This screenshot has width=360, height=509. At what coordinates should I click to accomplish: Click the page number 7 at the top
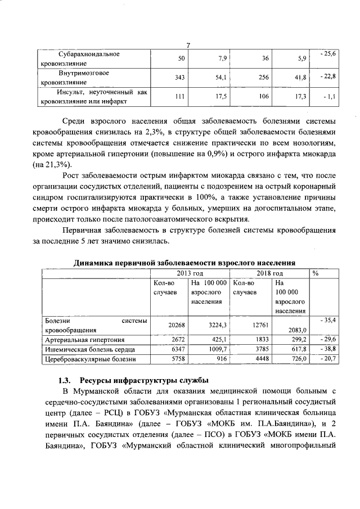[189, 46]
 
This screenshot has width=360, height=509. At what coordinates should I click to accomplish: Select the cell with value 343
[181, 77]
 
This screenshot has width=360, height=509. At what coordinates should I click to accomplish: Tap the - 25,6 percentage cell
[327, 53]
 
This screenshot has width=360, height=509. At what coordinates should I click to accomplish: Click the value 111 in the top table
[179, 97]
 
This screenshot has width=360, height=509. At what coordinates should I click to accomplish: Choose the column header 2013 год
[190, 273]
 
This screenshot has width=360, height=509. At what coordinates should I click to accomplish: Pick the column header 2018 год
[269, 273]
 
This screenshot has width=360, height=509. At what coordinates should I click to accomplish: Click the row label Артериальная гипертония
[84, 340]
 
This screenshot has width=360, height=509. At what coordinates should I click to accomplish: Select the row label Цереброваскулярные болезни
[90, 359]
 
